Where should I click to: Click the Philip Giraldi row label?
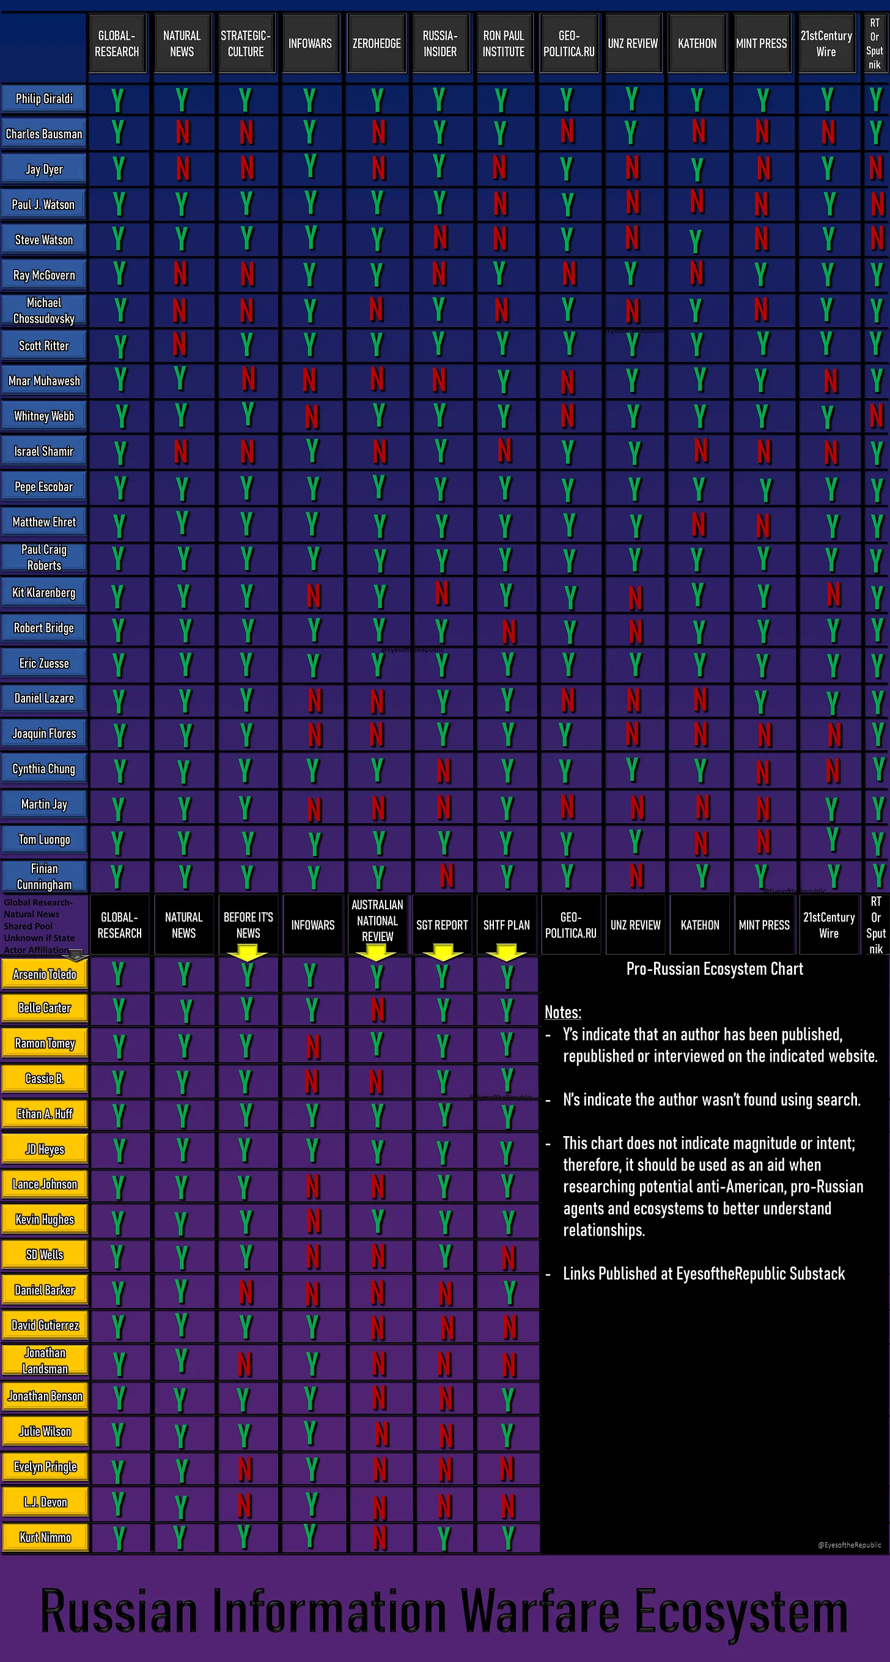[x=44, y=98]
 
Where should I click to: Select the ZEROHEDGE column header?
[x=376, y=44]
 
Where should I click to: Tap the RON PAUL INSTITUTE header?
[x=504, y=44]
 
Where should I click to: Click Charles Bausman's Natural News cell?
[x=183, y=133]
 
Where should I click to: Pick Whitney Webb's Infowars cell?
[x=311, y=417]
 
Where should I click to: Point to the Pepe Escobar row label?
[x=44, y=487]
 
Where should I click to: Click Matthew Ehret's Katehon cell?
[x=699, y=524]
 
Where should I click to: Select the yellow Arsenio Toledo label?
[x=45, y=974]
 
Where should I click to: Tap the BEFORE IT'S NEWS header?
[x=248, y=925]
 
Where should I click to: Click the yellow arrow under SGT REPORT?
[x=442, y=951]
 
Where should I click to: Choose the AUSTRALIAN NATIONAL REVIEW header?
[x=377, y=921]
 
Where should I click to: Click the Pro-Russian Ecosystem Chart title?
[x=715, y=969]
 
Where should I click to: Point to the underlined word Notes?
[x=562, y=1012]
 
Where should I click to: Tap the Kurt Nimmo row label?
[x=45, y=1537]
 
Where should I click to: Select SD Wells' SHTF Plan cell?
[x=508, y=1257]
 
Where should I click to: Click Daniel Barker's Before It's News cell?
[x=246, y=1291]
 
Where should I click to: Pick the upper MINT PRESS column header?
[x=762, y=44]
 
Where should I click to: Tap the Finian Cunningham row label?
[x=44, y=876]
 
